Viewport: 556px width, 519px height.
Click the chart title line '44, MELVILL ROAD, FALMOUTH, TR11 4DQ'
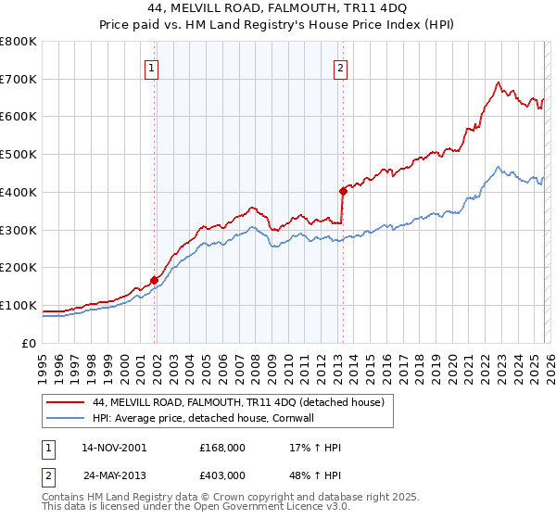pos(277,8)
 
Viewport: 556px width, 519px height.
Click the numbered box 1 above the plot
pos(151,67)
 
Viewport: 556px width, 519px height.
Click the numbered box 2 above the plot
pos(340,67)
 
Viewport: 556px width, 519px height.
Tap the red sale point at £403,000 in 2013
pos(343,191)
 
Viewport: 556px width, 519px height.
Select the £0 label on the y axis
pos(29,343)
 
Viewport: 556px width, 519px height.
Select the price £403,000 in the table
pos(222,475)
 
